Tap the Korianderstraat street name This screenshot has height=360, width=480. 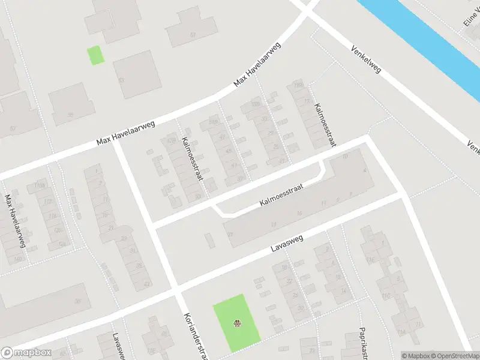tap(194, 333)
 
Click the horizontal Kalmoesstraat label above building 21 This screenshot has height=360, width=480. tap(282, 196)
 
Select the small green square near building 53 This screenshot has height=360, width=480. tap(95, 55)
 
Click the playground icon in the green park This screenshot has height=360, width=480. tap(237, 324)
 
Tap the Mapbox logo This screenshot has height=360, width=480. tap(26, 353)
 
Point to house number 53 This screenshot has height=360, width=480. tap(122, 80)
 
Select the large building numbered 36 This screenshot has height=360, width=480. tap(77, 302)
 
